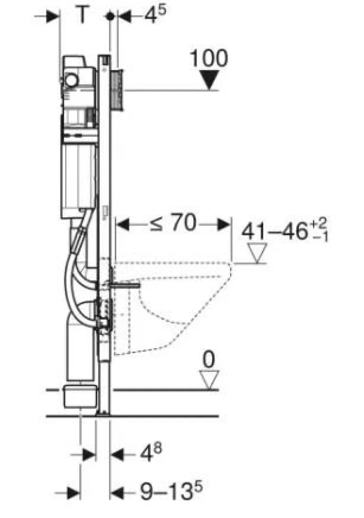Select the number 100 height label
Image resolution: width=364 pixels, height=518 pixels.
[x=208, y=58]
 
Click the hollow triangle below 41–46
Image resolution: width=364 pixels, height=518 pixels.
[x=257, y=253]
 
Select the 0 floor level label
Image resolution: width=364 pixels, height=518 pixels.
[x=208, y=359]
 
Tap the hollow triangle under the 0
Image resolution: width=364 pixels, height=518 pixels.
[x=209, y=380]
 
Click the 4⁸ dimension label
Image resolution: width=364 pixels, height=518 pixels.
[x=151, y=453]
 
